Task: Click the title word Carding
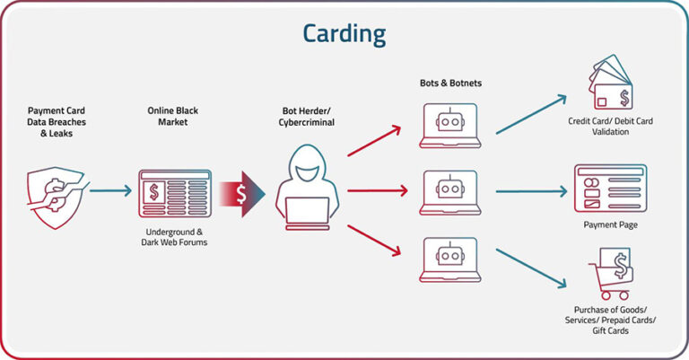click(344, 33)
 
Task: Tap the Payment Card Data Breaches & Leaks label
click(55, 123)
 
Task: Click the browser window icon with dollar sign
click(174, 191)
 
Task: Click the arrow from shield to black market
click(109, 190)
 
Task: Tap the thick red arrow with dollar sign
click(248, 190)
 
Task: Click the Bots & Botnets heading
click(450, 83)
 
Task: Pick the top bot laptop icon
click(449, 124)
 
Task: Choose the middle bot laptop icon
click(449, 190)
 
